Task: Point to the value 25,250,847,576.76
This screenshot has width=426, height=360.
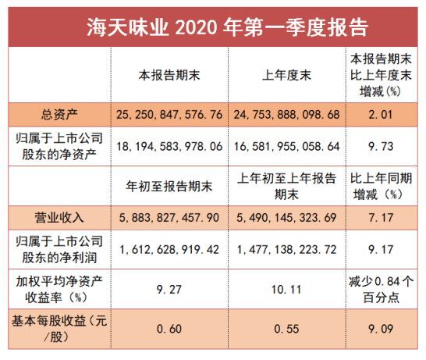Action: pos(169,115)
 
